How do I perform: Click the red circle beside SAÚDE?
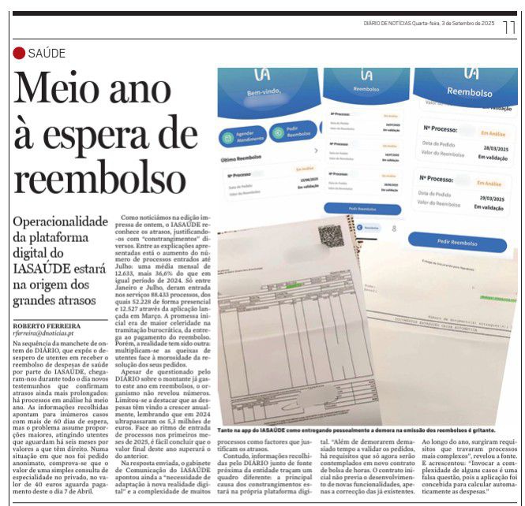19,54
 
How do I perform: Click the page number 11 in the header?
509,27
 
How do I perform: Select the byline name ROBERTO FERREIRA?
46,326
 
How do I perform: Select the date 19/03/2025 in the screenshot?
491,196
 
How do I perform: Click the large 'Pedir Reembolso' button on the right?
456,244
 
